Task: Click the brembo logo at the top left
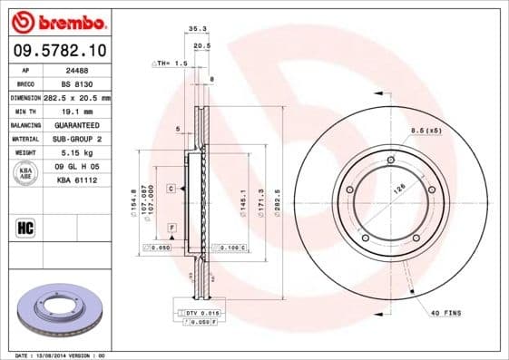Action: point(57,20)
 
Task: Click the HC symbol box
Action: point(24,227)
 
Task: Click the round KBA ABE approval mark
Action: point(24,173)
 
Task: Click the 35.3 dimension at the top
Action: point(195,30)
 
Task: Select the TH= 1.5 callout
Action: point(171,63)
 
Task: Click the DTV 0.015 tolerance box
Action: point(202,312)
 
